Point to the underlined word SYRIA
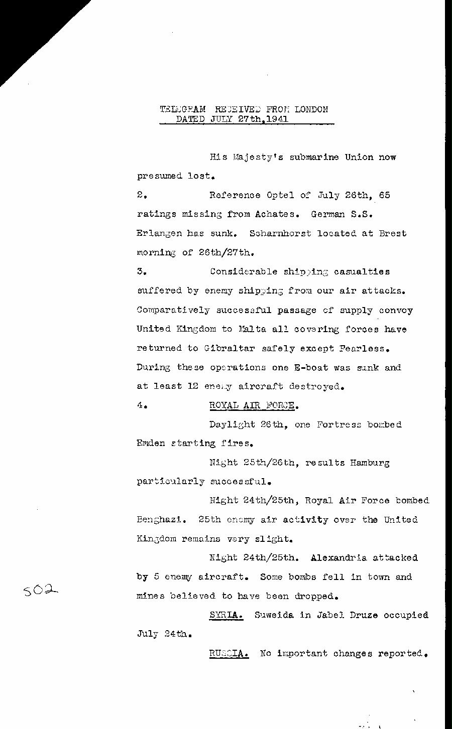pyautogui.click(x=226, y=615)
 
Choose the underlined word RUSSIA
pyautogui.click(x=229, y=654)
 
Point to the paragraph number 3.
pyautogui.click(x=141, y=271)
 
